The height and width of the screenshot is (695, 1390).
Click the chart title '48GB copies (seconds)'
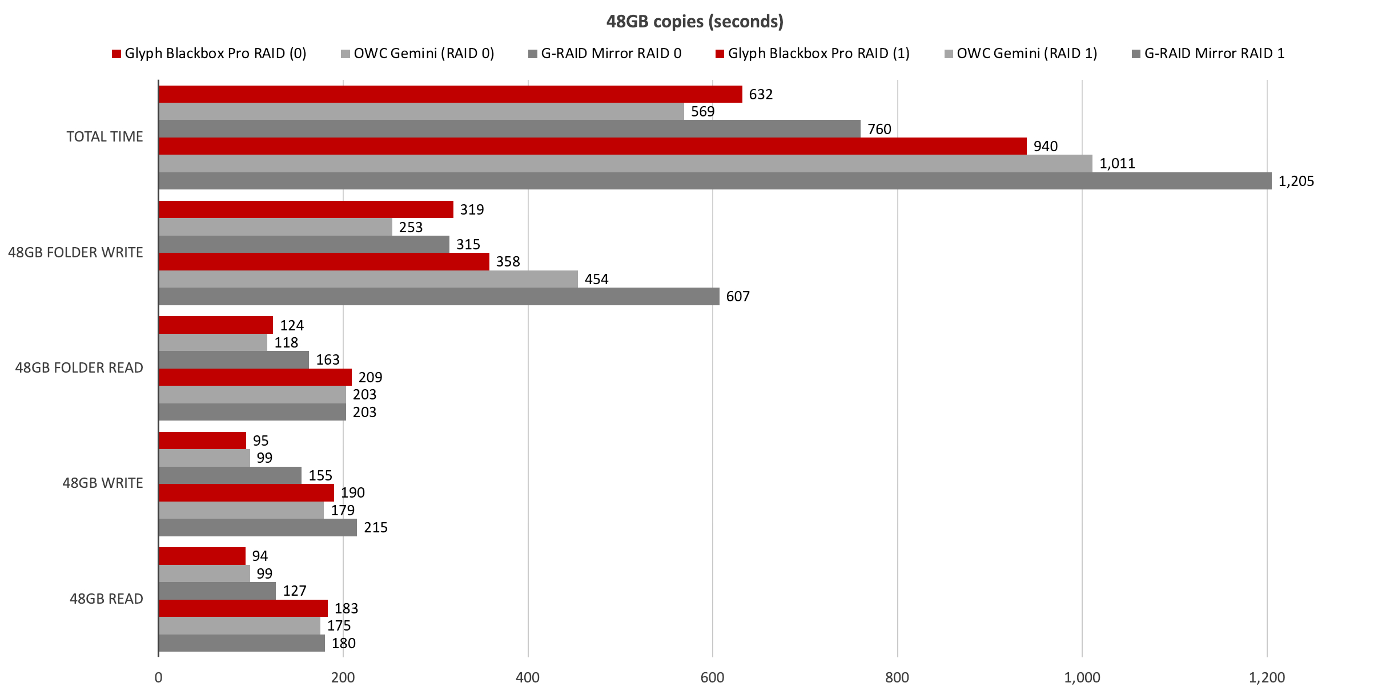pyautogui.click(x=694, y=22)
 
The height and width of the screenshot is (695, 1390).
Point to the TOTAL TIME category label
pyautogui.click(x=105, y=137)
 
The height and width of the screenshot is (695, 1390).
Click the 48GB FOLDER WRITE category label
pyautogui.click(x=75, y=252)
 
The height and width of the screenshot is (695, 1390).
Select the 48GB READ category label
pyautogui.click(x=106, y=599)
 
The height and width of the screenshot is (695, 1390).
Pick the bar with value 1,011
pyautogui.click(x=625, y=163)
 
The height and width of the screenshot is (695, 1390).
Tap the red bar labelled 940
pyautogui.click(x=592, y=146)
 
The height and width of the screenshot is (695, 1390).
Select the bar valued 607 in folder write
pyautogui.click(x=439, y=296)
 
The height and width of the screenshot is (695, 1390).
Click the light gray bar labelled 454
pyautogui.click(x=368, y=279)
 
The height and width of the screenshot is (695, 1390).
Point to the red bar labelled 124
pyautogui.click(x=216, y=325)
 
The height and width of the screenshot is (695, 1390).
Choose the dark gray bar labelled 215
pyautogui.click(x=258, y=527)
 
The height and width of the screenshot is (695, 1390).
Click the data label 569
pyautogui.click(x=702, y=112)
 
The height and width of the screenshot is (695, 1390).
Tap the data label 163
pyautogui.click(x=328, y=360)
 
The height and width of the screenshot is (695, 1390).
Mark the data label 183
pyautogui.click(x=346, y=608)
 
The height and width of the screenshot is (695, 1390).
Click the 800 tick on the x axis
pyautogui.click(x=897, y=677)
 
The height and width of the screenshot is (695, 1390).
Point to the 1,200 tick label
pyautogui.click(x=1266, y=677)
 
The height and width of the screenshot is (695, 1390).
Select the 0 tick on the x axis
pyautogui.click(x=158, y=677)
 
